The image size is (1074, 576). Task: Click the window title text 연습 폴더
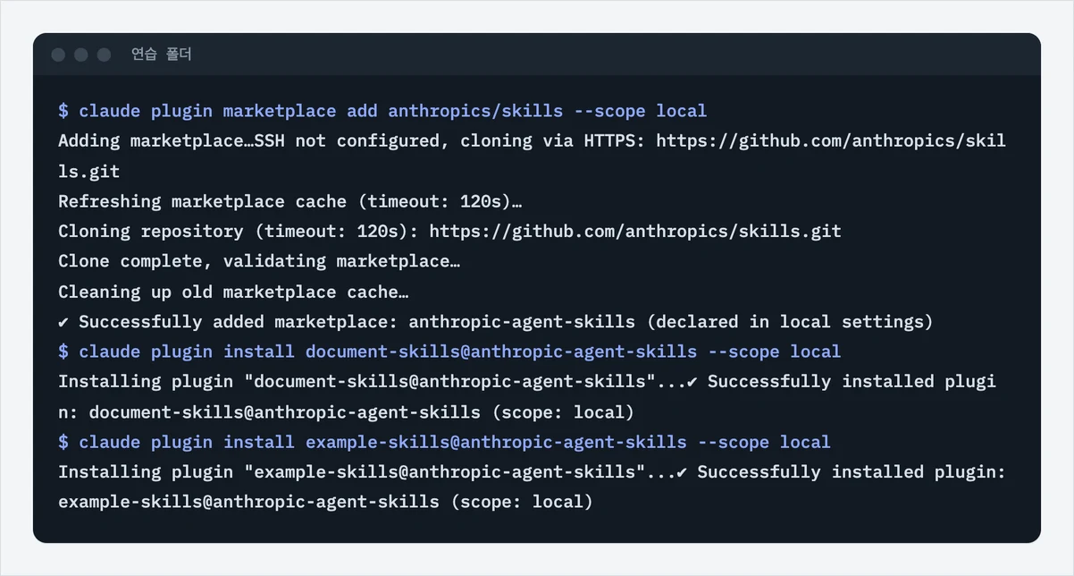162,55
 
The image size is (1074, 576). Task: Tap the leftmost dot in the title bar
58,55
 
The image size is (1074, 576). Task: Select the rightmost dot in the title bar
104,55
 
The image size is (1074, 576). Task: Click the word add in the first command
362,112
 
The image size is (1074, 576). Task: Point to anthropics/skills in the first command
475,112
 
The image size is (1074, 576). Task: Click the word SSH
270,141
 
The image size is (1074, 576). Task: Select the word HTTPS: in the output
615,141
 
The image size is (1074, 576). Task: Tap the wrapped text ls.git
88,172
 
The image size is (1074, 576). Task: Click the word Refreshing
110,201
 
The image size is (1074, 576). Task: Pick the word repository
192,232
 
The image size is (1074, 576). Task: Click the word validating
274,261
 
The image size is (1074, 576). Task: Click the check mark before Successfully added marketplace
63,323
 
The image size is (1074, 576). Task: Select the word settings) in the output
887,322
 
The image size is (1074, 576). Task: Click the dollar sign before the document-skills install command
63,352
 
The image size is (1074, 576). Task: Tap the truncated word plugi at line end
970,382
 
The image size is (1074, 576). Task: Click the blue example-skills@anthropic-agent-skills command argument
496,443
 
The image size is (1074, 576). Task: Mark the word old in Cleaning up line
197,292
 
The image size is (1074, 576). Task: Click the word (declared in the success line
692,322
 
